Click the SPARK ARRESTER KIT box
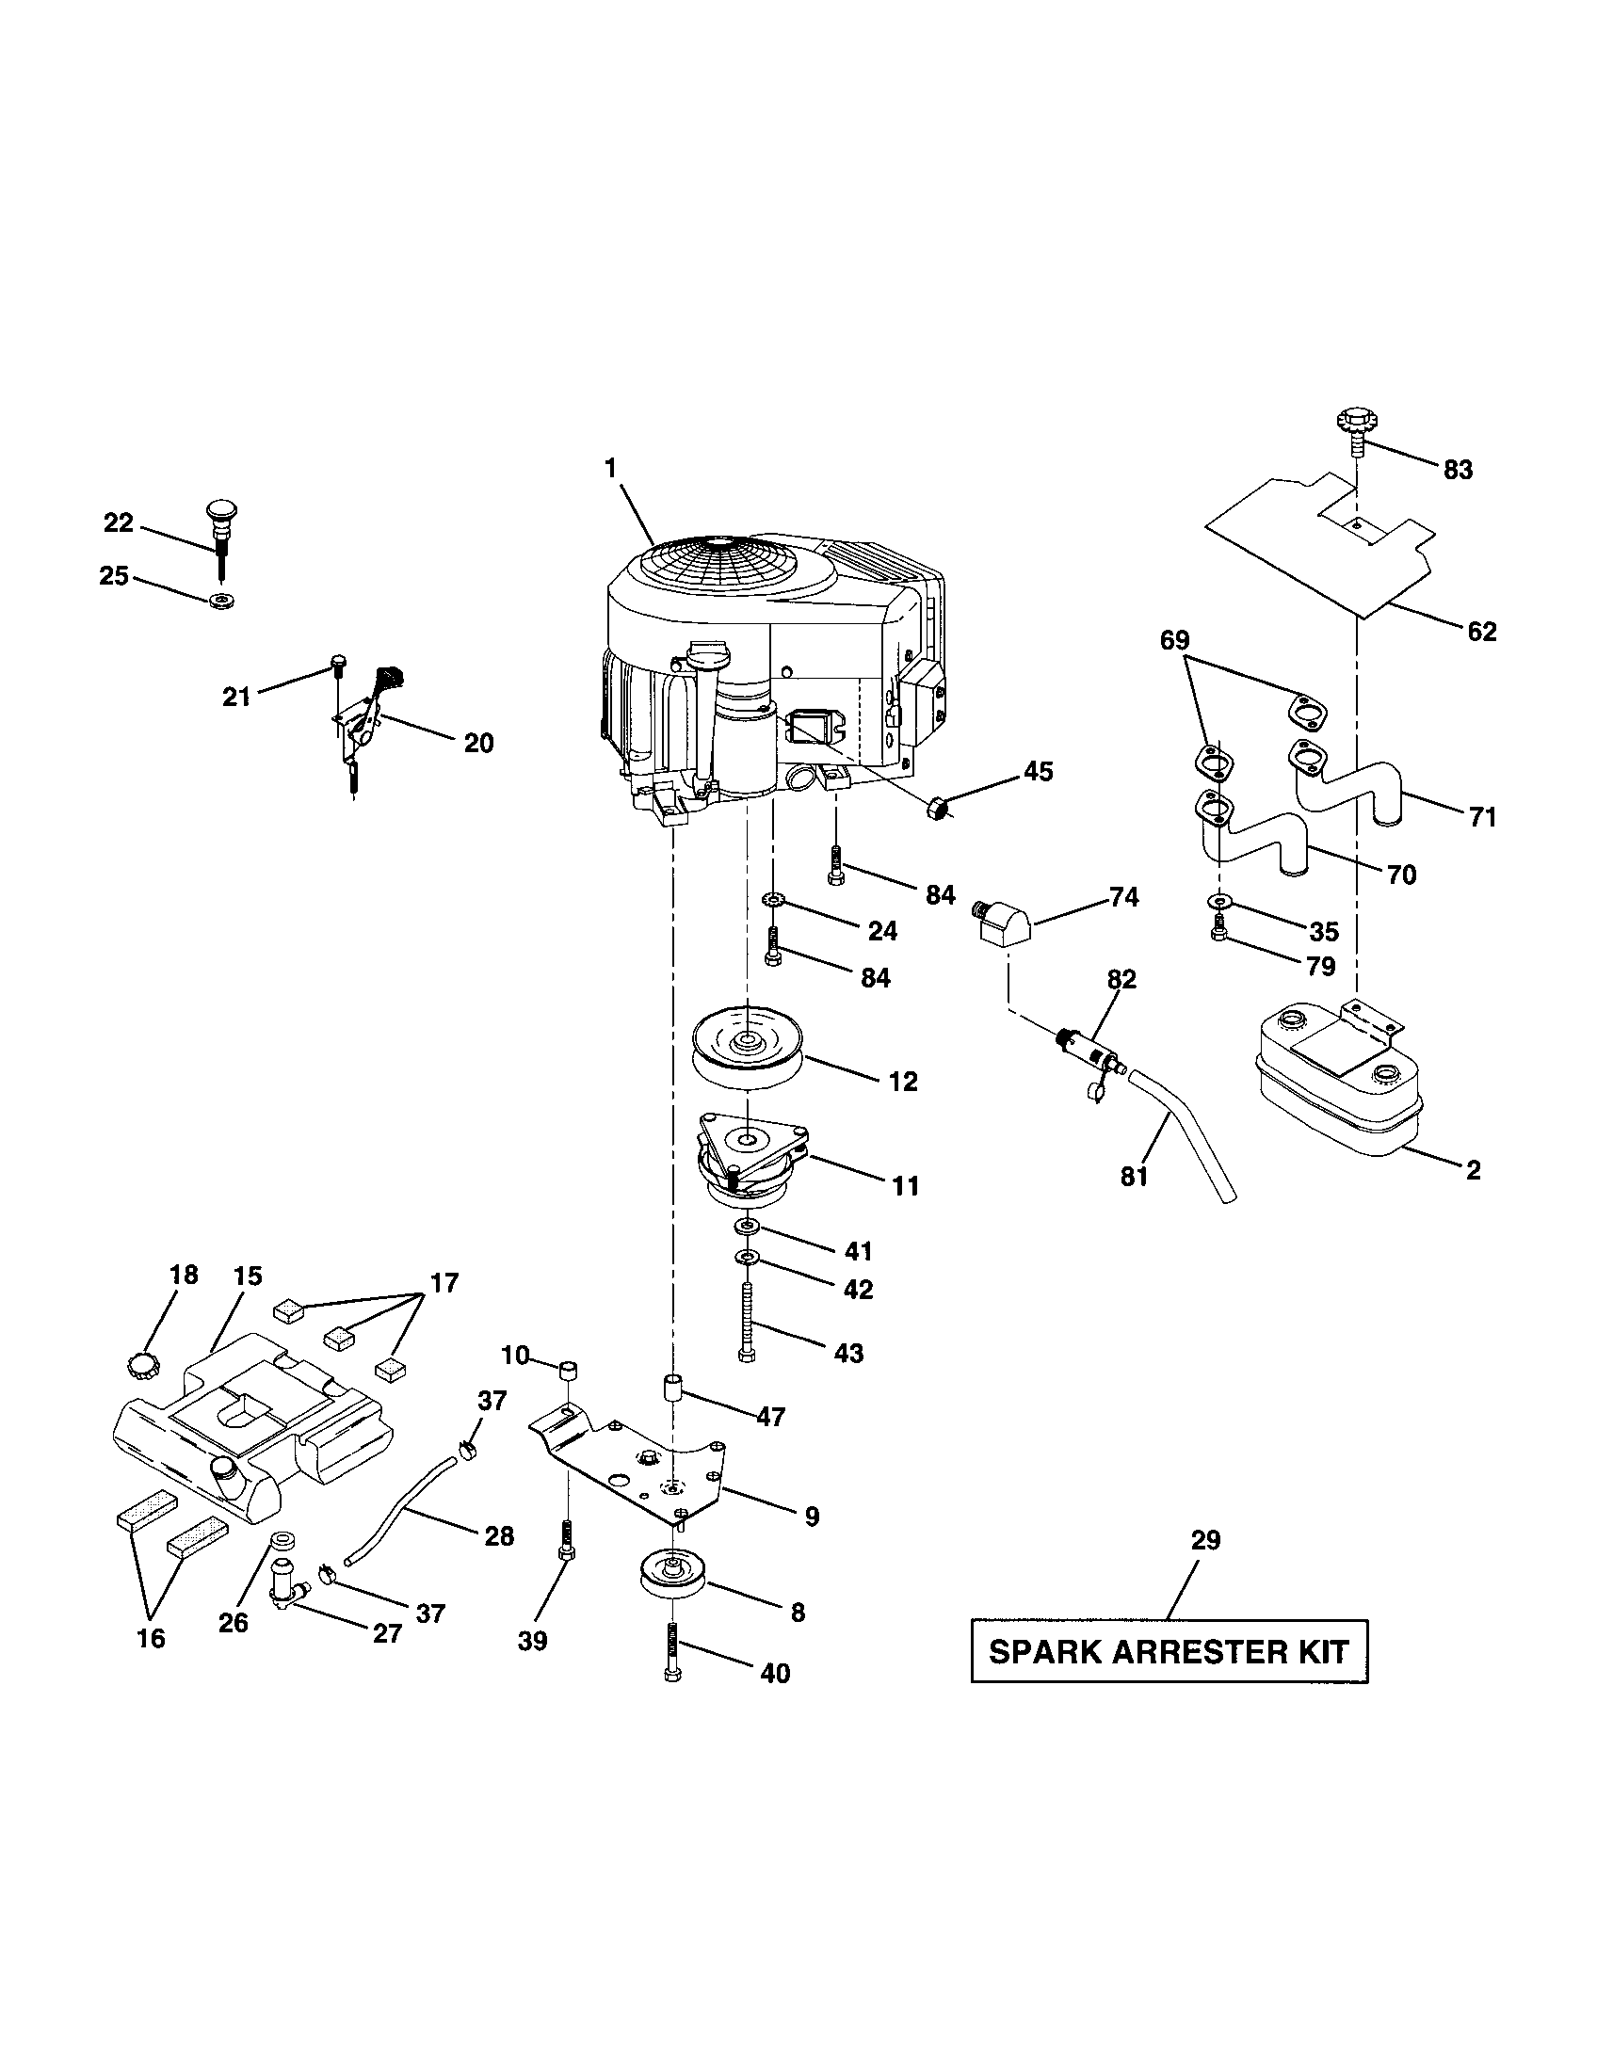1169,1651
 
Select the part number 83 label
1459,470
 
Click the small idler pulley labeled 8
669,1576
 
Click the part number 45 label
1039,771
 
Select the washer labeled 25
224,601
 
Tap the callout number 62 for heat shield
1481,631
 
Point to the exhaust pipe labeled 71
1347,782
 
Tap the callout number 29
1205,1540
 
